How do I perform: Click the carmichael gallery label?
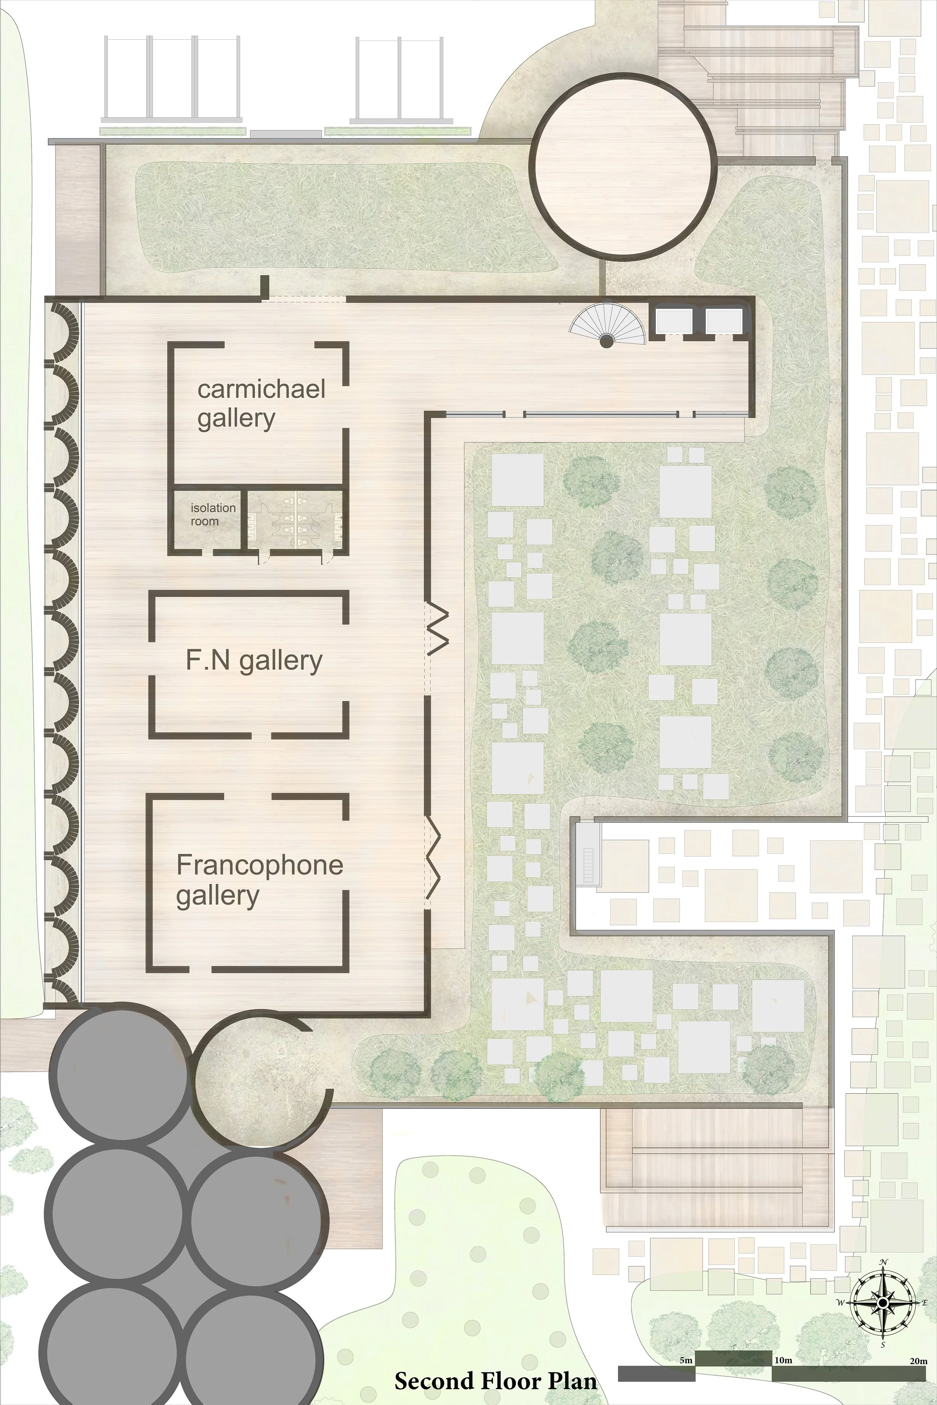(261, 403)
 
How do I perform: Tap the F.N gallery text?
(254, 661)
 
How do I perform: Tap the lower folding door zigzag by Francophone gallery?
(434, 860)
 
